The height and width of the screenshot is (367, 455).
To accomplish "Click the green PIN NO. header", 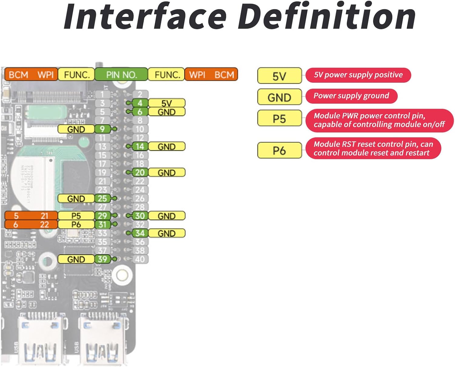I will (x=121, y=74).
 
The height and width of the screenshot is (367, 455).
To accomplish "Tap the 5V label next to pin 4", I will (x=167, y=103).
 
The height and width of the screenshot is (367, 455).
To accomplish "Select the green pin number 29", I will (x=102, y=216).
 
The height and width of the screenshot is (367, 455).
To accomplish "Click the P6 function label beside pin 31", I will (x=76, y=224).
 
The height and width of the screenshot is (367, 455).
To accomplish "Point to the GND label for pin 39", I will (x=76, y=259).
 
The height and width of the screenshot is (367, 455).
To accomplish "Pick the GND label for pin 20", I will (x=167, y=173).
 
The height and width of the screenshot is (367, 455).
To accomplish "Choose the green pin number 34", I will (x=140, y=233).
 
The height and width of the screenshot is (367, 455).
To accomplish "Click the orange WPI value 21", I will (x=44, y=216).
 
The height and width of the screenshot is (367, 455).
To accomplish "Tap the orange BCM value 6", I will (x=16, y=224).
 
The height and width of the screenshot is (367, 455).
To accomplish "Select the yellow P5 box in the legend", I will (x=279, y=118).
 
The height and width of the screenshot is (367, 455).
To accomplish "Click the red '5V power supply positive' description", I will (x=358, y=75).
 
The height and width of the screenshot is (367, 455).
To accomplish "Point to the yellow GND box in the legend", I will (x=279, y=97).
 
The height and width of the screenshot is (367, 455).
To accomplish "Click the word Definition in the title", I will (x=327, y=17).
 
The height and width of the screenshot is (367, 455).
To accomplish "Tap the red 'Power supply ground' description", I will (x=351, y=96).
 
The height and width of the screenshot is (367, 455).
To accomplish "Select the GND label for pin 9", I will (x=76, y=129).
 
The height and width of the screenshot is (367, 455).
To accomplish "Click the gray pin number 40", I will (x=140, y=259).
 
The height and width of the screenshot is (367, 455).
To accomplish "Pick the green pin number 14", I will (x=140, y=147).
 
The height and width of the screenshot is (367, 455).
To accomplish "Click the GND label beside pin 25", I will (x=76, y=199).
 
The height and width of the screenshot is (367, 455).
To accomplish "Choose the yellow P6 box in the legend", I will (x=279, y=150).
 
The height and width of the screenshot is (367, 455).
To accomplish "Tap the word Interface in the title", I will (x=145, y=17).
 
